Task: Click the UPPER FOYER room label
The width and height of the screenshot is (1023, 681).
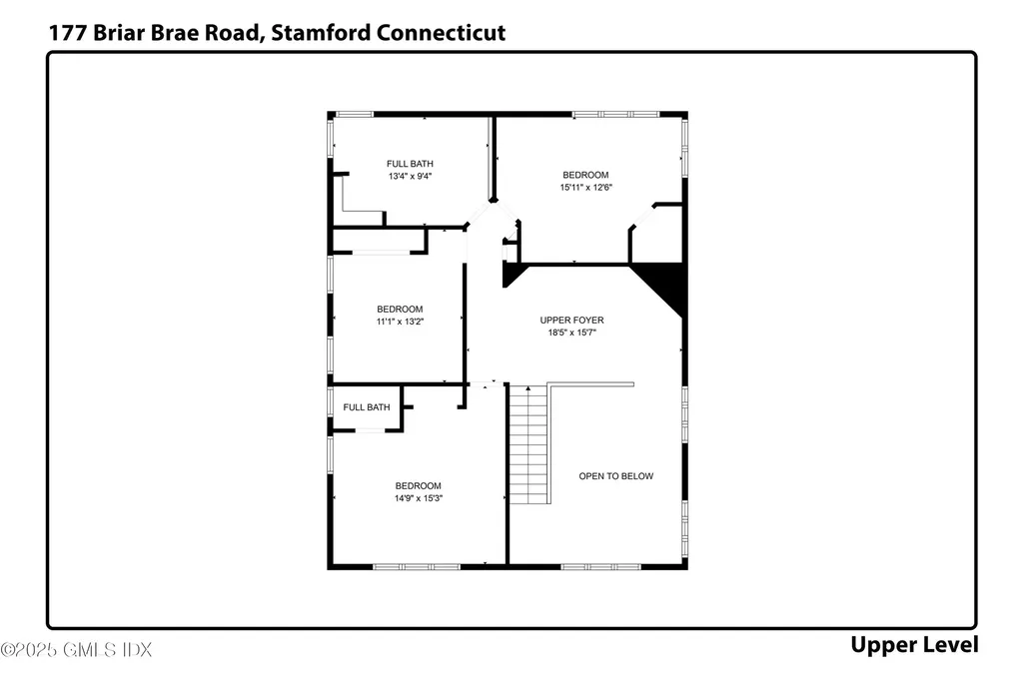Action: coord(571,321)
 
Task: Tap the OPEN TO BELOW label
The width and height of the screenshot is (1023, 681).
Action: coord(615,476)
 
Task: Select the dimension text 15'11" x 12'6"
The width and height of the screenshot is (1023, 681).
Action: coord(584,187)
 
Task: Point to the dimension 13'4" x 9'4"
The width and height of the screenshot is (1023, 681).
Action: coord(410,176)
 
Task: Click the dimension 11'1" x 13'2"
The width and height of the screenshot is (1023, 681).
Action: coord(399,322)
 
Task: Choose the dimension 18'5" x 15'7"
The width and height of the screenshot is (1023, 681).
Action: coord(571,333)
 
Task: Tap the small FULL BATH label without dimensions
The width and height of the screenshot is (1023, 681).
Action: coord(367,407)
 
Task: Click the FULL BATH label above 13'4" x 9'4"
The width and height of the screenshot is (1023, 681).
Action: coord(410,164)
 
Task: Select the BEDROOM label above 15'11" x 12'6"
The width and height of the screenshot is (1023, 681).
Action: coord(584,175)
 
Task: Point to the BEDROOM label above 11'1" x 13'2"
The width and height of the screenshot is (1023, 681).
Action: coord(399,310)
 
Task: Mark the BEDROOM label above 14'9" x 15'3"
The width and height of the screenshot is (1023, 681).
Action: coord(418,486)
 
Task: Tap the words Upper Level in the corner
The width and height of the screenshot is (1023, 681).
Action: coord(913,645)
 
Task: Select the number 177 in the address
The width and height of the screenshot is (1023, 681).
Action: coord(67,32)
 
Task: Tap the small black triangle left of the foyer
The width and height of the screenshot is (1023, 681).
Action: coord(511,274)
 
